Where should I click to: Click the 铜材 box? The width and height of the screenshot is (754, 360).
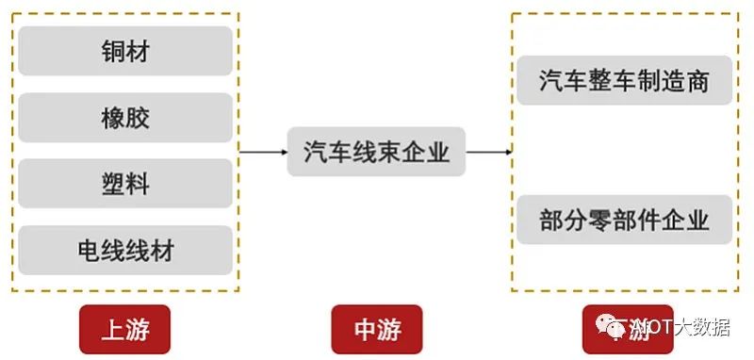point(125,51)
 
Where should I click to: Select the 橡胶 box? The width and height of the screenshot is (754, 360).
point(125,118)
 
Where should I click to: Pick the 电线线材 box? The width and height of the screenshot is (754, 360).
point(125,250)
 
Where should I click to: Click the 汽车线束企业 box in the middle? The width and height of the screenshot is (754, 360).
point(376,151)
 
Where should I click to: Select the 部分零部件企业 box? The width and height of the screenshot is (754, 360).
point(624,220)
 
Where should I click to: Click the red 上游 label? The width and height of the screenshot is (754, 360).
point(125,329)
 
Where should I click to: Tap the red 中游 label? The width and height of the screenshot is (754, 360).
point(378,329)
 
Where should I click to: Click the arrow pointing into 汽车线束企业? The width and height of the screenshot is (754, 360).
point(263,151)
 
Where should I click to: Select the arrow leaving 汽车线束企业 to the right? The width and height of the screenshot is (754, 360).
point(489,151)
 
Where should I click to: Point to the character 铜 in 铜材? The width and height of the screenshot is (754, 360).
point(113,51)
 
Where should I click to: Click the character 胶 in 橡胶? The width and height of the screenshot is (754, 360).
point(138,118)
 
